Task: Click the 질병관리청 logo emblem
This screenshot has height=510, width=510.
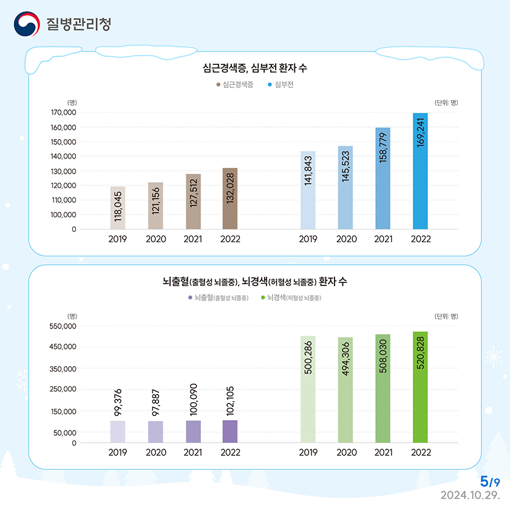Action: (26, 24)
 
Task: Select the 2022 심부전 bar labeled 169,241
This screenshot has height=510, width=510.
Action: (420, 171)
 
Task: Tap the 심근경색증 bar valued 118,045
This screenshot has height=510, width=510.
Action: (118, 208)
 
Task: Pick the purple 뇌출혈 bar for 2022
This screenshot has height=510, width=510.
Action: (230, 431)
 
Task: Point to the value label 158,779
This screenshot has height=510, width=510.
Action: (383, 148)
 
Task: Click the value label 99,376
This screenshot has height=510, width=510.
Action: (118, 401)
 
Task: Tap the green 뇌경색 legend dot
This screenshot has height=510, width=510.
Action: (262, 297)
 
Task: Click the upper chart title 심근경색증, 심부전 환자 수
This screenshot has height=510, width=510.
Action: (254, 67)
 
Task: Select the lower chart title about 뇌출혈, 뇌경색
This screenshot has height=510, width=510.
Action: (254, 282)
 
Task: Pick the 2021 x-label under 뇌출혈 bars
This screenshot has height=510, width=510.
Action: (193, 453)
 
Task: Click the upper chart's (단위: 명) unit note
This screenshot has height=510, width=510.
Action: (446, 103)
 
